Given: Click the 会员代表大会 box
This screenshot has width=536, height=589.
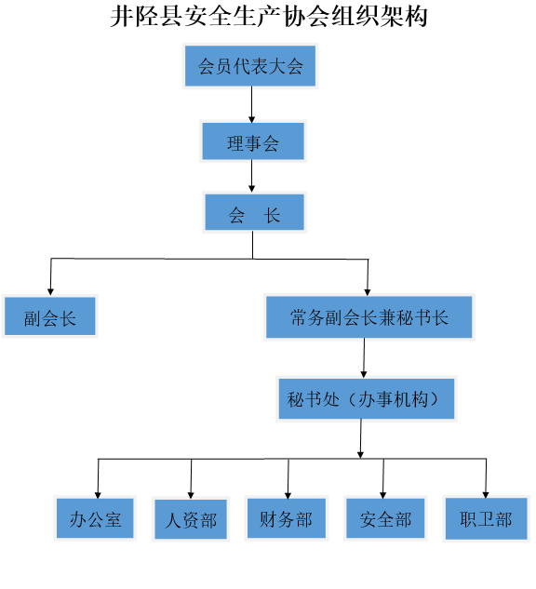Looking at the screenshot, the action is click(250, 66).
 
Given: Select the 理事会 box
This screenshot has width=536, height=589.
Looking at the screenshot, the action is click(253, 141).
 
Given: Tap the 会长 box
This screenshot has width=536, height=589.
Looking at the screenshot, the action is click(254, 212).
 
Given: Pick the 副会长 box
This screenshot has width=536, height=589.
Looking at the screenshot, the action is click(50, 316).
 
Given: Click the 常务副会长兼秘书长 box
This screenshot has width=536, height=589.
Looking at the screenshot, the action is click(368, 317).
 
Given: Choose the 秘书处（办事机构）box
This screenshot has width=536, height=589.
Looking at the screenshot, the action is click(367, 398).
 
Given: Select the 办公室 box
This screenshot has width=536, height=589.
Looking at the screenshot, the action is click(95, 518).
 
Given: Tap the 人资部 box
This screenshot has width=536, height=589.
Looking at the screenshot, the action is click(191, 519).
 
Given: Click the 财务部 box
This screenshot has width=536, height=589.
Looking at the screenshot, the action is click(287, 518).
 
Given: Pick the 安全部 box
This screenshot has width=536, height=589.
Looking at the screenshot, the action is click(385, 518).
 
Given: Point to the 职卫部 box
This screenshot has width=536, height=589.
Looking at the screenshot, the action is click(486, 518).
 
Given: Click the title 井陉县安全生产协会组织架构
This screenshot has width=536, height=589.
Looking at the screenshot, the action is click(269, 17).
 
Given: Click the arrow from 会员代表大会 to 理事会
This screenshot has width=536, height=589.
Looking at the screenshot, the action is click(251, 104).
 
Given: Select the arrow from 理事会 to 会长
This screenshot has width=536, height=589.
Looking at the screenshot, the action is click(251, 176).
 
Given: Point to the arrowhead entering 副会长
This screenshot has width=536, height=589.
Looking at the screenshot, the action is click(50, 292).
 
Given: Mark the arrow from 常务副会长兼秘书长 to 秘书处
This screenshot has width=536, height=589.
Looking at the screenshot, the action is click(364, 358).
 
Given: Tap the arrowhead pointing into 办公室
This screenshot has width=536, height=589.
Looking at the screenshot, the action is click(98, 495).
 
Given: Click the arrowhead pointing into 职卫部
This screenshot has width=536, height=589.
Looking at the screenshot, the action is click(486, 495).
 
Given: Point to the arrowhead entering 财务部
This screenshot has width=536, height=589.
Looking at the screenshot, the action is click(288, 496).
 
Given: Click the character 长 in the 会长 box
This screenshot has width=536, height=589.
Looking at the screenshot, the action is click(272, 215).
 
